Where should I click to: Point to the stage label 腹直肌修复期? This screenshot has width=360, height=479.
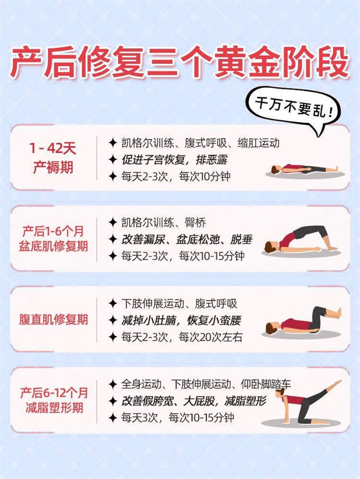(55, 319)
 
